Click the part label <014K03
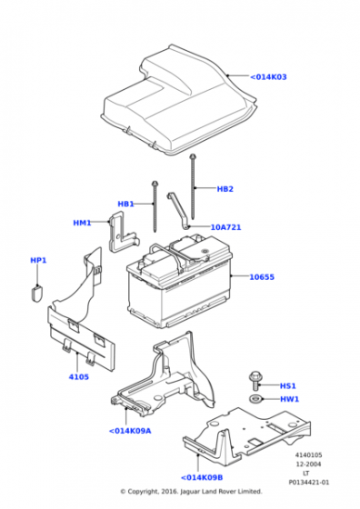coord(268,77)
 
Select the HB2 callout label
coord(225,189)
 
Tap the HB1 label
coord(125,204)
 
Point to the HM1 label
coord(82,223)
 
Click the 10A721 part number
coord(226,227)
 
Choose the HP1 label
coord(38,260)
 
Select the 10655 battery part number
coord(262,277)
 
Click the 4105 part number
coord(78,377)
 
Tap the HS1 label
coord(288,386)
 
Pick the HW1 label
coord(290,399)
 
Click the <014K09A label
coord(130,431)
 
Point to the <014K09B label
coord(202,477)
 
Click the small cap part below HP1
coord(36,293)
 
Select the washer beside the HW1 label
coord(255,398)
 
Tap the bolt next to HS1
coord(255,381)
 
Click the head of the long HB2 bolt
coord(193,156)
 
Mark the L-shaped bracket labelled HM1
coord(122,232)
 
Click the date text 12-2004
coord(308,464)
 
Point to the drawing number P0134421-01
coord(308,483)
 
